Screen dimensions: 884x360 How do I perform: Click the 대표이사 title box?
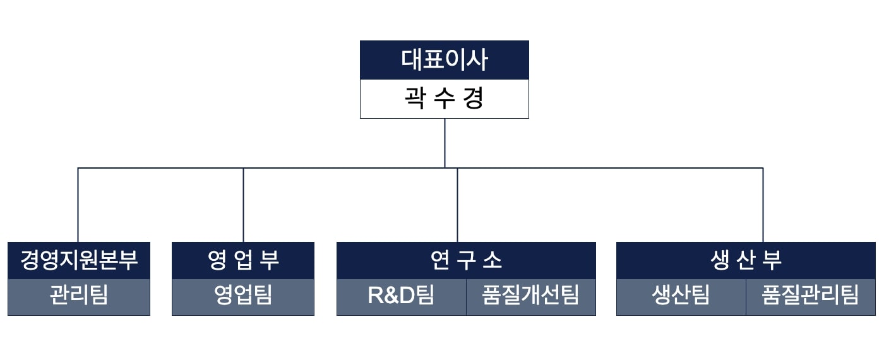click(445, 60)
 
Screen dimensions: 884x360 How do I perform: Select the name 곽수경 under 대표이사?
click(445, 99)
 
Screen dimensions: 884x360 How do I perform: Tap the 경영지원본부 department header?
click(79, 260)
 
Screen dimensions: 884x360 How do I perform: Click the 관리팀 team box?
click(79, 297)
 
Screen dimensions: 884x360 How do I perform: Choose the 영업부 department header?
click(243, 260)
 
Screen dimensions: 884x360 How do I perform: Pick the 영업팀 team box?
click(243, 297)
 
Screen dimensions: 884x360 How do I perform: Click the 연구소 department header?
click(466, 260)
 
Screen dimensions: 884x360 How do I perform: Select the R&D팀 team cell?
click(402, 297)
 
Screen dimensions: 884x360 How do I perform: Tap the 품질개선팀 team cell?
click(531, 297)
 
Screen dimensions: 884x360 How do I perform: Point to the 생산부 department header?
click(746, 260)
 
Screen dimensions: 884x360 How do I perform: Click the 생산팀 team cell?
click(681, 297)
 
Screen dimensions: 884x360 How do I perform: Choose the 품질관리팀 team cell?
click(811, 297)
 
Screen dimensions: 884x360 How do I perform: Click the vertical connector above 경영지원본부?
click(78, 205)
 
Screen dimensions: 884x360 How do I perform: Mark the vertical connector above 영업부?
click(244, 205)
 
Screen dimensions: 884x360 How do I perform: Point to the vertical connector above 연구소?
click(457, 205)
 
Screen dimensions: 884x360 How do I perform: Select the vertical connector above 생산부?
click(763, 205)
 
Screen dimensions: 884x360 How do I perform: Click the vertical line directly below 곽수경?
click(445, 143)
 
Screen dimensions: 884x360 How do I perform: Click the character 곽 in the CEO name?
click(415, 99)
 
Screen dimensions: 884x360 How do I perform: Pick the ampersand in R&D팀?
click(391, 296)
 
